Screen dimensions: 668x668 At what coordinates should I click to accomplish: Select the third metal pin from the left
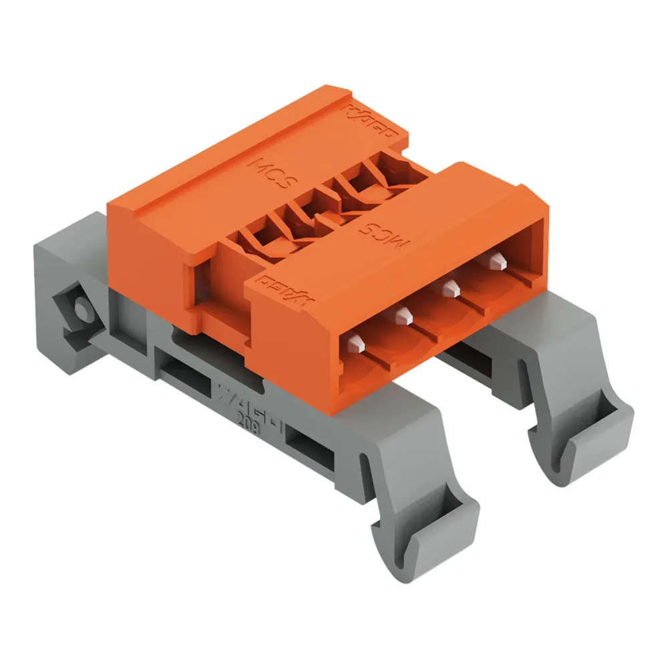450,288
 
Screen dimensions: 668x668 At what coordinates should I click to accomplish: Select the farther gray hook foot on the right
581,428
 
